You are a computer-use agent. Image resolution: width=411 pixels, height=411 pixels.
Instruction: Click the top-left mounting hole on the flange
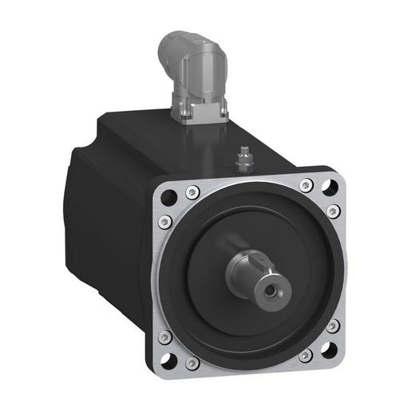(168, 196)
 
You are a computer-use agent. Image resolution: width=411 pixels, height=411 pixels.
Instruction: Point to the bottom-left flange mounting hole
(169, 358)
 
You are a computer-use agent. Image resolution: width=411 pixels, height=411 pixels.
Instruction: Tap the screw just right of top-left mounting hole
(192, 192)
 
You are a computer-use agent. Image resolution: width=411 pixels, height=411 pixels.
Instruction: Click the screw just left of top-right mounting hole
(306, 185)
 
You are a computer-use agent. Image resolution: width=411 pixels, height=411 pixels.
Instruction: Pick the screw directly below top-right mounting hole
(334, 211)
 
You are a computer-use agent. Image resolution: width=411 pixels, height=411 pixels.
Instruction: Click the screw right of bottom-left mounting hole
(192, 364)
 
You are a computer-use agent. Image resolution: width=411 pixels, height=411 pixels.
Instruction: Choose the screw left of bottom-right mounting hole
(306, 354)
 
